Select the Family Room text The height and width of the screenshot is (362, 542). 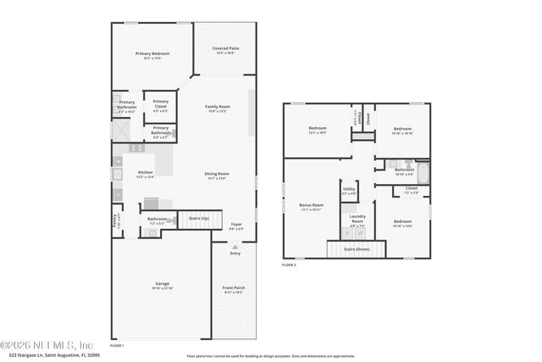218,107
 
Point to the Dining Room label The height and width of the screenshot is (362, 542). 217,174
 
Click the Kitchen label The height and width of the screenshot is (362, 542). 146,173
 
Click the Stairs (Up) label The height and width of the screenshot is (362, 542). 200,218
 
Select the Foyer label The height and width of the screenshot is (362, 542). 236,225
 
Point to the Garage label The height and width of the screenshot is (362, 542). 162,286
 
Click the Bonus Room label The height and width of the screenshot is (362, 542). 312,205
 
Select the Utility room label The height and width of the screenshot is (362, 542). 349,192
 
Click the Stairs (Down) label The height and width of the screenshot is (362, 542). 356,249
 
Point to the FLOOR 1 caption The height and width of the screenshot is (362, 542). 117,345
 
